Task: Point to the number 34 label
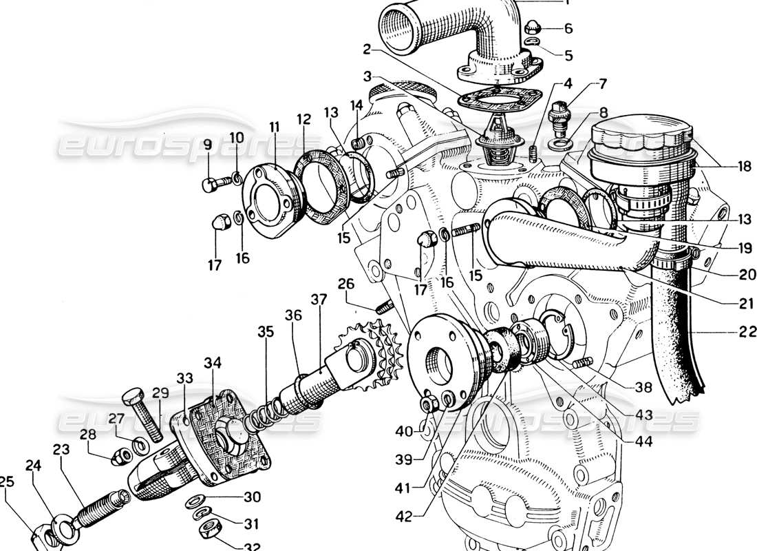(213, 362)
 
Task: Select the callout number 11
(275, 127)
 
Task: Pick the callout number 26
(345, 283)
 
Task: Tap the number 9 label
(207, 145)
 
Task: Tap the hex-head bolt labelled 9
(213, 185)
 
